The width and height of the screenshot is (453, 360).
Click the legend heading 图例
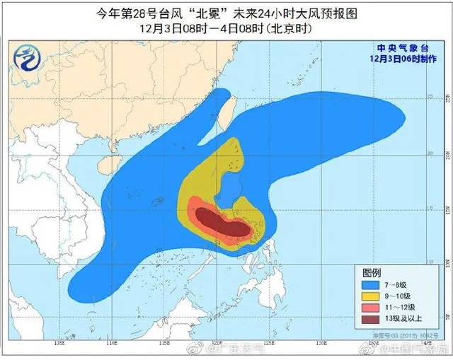(372, 272)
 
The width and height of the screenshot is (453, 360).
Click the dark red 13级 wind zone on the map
(221, 222)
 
